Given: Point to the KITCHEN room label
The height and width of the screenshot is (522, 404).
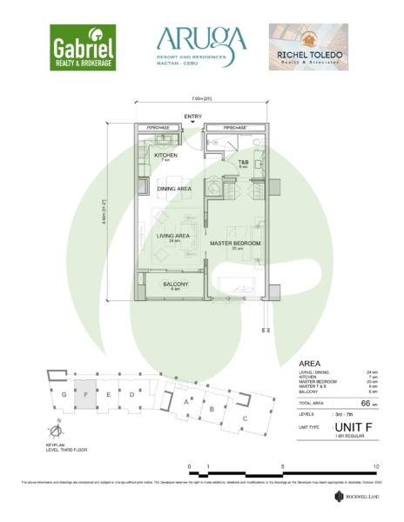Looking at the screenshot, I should pos(165,156).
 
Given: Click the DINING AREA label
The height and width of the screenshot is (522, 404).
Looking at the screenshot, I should pos(174,188).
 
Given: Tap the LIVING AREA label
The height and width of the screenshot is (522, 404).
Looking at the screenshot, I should pos(173,236).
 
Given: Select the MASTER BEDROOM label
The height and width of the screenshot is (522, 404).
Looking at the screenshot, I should pos(235,243).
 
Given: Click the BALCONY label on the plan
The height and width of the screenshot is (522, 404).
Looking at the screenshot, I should pos(176,284).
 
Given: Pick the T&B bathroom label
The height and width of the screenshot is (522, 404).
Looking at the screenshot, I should pos(244,162).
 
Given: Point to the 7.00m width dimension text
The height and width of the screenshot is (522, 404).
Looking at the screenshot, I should pos(203,98).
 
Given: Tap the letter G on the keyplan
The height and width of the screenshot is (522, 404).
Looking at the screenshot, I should pos(64,393).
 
